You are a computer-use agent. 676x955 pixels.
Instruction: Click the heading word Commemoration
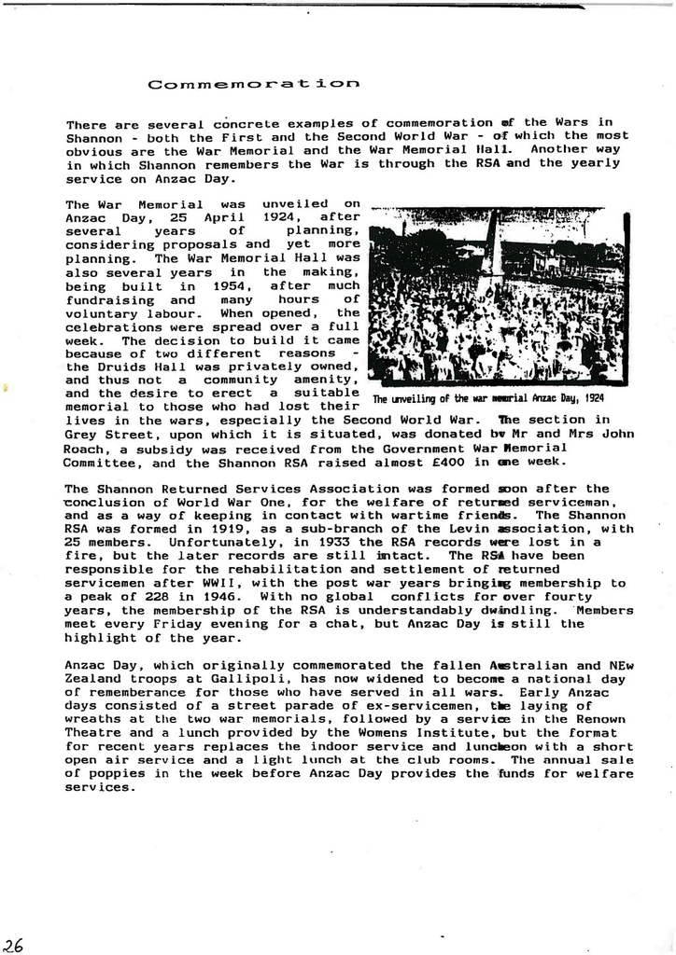pos(253,84)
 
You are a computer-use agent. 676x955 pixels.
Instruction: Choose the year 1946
pos(199,596)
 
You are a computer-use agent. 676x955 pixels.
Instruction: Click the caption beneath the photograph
pos(487,398)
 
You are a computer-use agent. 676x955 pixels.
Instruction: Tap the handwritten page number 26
pos(13,944)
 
